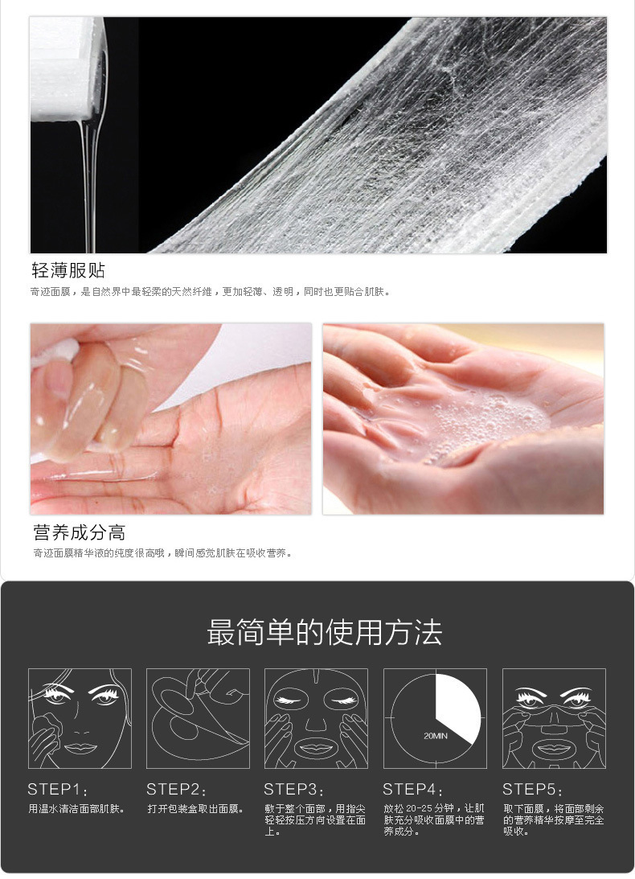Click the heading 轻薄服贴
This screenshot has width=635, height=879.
click(x=68, y=271)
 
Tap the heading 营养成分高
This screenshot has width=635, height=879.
click(x=79, y=532)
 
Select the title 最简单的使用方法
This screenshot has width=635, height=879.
click(x=325, y=632)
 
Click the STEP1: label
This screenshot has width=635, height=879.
click(x=58, y=789)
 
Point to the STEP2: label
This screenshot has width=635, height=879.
click(x=177, y=789)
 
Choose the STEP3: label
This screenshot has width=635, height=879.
click(x=294, y=789)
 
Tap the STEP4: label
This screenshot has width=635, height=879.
click(x=413, y=789)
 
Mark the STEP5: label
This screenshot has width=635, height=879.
click(x=532, y=789)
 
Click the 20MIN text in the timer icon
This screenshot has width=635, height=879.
click(x=436, y=736)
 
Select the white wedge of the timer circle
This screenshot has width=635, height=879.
click(x=457, y=709)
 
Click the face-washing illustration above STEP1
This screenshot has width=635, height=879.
click(x=80, y=718)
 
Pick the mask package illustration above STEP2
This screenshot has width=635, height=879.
click(x=198, y=718)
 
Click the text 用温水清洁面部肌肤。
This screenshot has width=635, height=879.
click(x=77, y=809)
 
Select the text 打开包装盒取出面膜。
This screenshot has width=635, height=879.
click(x=195, y=809)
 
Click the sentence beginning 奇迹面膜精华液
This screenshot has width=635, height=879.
click(x=162, y=553)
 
